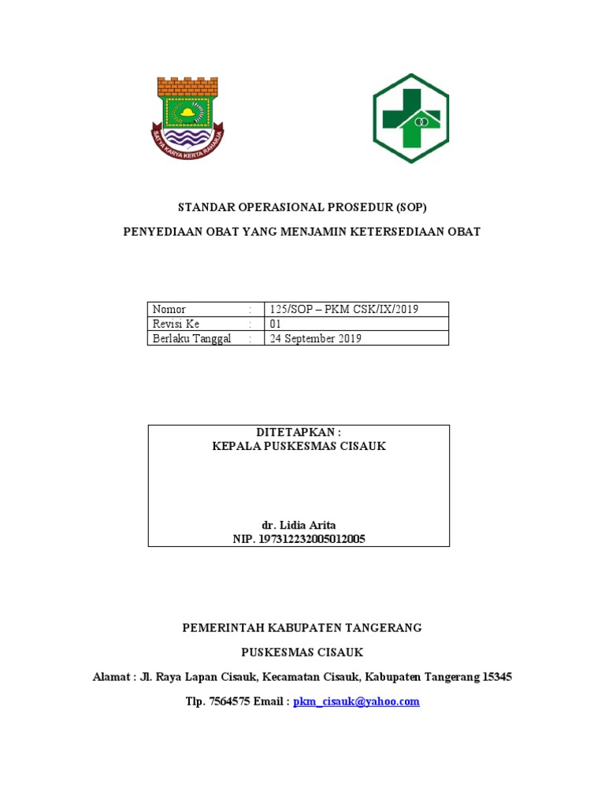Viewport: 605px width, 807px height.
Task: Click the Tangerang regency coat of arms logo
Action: click(187, 116)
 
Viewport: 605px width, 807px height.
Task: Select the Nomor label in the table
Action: click(169, 309)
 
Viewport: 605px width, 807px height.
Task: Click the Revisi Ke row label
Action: click(176, 324)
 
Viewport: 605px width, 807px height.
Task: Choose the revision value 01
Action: click(276, 324)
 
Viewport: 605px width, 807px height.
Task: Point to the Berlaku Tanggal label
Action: click(192, 339)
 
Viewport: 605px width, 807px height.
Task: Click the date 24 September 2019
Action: click(316, 339)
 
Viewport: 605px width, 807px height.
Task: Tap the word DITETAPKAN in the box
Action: click(295, 433)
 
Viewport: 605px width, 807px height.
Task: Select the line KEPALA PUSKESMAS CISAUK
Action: click(299, 446)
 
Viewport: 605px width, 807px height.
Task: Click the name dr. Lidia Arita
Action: click(299, 525)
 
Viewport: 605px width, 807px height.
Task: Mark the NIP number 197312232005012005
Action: click(299, 539)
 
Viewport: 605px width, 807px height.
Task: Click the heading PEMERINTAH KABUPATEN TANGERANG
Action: click(302, 628)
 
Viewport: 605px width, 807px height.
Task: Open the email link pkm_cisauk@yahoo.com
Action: click(356, 701)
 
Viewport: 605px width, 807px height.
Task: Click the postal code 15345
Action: click(496, 677)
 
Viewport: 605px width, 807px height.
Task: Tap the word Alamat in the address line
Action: click(112, 677)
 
